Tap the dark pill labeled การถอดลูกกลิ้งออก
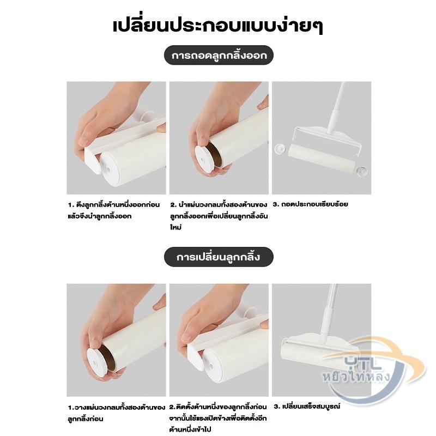coord(219,55)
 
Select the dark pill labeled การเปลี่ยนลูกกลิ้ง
coord(219,257)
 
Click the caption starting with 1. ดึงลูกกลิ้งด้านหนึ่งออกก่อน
coord(114,210)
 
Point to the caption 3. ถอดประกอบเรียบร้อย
coord(310,204)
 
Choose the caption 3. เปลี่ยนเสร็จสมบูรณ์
coord(307,407)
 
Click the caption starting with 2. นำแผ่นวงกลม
coord(219,216)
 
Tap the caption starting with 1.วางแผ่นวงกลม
coord(117,413)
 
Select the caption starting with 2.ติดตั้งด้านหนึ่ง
coord(218,418)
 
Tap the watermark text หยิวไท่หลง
coord(357,378)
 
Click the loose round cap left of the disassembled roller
coord(280,148)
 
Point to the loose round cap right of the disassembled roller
coord(363,171)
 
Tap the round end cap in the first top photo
coord(111,169)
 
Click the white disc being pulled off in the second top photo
coord(204,159)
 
